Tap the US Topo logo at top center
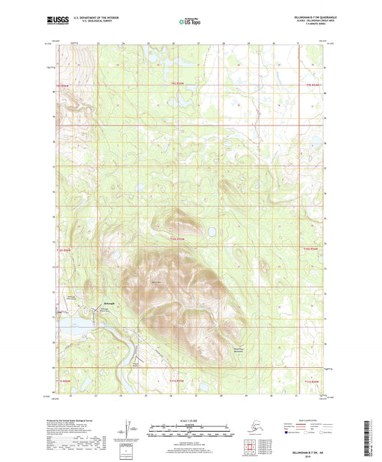point(190,22)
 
